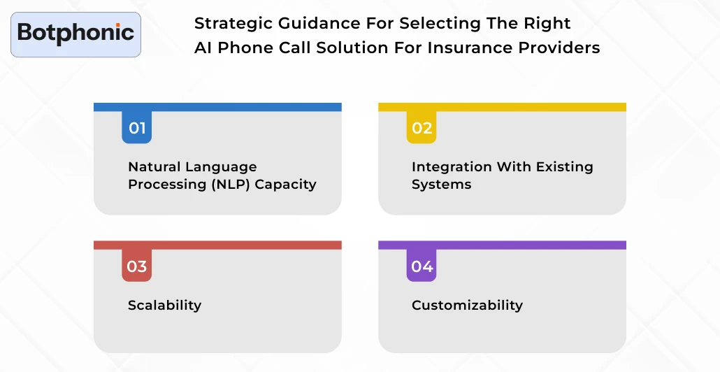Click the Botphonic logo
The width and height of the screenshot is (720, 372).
coord(75,33)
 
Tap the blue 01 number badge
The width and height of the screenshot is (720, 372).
coord(137,128)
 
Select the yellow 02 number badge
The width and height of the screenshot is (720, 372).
coord(422,128)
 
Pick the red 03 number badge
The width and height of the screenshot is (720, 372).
coord(137,266)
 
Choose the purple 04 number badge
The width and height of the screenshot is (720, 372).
coord(422,266)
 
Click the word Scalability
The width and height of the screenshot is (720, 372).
coord(164,305)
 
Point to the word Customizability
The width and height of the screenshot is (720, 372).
coord(467,305)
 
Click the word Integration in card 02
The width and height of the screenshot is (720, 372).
coord(452,167)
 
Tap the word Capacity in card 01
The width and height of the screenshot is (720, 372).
coord(289,185)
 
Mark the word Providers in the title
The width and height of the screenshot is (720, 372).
coord(559,48)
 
